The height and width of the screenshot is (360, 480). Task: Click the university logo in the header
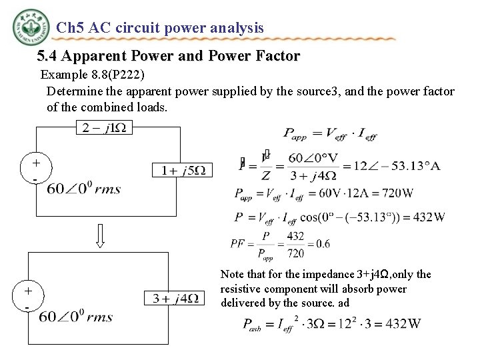coord(31,29)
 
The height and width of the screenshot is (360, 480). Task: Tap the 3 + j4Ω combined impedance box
coord(175,298)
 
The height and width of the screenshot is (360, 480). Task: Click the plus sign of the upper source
coord(36,163)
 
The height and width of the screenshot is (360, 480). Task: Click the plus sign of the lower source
coord(28,291)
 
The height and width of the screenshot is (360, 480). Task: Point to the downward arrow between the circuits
coord(101,235)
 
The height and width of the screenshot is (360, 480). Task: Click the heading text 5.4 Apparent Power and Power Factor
coord(168,57)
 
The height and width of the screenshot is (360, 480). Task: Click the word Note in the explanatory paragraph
coord(232,274)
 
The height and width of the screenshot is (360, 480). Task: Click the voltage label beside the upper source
coord(84,189)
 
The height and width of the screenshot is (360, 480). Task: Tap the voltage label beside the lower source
coord(76,317)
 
